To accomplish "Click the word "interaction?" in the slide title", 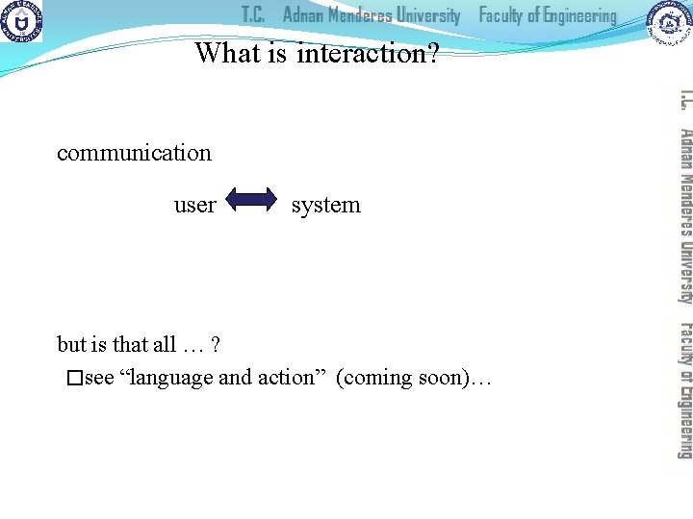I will tap(368, 53).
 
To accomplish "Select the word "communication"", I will tap(134, 153).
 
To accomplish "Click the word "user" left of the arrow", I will tap(194, 205).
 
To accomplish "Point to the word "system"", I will tap(326, 205).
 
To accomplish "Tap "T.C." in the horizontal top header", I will tap(253, 15).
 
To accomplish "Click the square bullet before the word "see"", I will tap(75, 379).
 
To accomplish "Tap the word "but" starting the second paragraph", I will tap(72, 344).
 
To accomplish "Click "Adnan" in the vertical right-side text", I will tap(683, 149).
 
